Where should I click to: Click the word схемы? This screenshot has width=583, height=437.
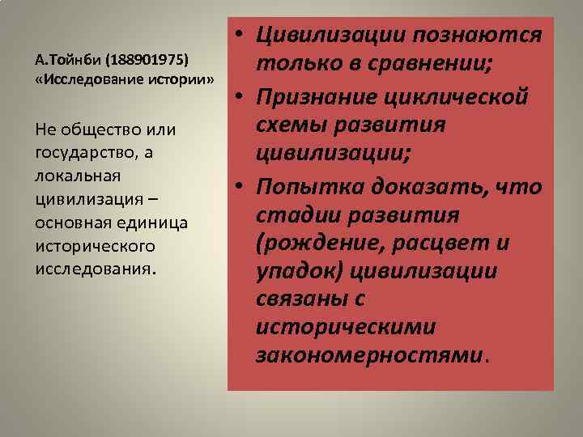(294, 125)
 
